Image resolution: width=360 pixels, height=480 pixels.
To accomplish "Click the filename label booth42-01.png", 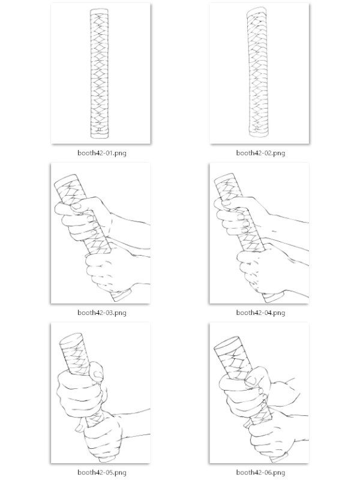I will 101,153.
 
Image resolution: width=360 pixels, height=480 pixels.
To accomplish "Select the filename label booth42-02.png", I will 260,153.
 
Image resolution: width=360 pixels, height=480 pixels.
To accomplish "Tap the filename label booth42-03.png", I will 101,313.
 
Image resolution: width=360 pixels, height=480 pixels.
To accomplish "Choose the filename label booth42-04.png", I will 260,313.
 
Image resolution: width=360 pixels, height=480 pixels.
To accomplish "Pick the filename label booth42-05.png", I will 101,472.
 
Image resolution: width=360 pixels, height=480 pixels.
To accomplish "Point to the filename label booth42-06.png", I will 260,472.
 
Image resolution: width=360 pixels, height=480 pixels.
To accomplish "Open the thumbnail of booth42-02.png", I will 259,73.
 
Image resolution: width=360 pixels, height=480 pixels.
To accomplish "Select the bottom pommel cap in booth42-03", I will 122,295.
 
